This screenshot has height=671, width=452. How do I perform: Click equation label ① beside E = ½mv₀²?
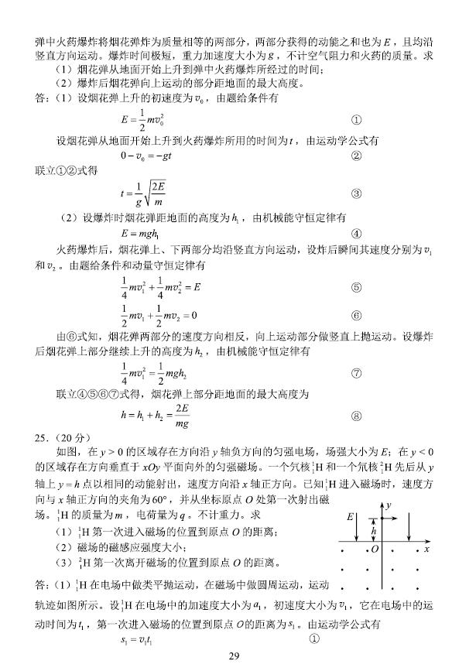[x=356, y=121]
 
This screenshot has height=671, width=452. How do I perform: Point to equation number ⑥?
[x=356, y=316]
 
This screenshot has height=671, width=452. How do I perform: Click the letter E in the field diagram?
[x=351, y=516]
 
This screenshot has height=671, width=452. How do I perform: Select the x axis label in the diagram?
[x=426, y=549]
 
